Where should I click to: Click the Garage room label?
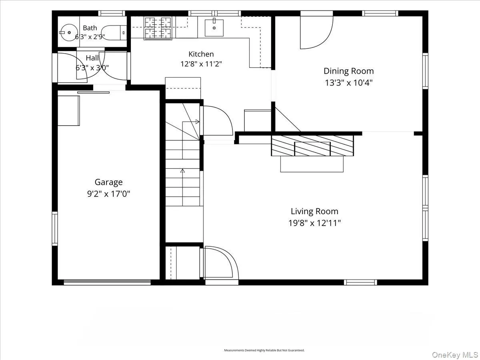coord(108,182)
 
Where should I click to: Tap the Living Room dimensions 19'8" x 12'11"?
coord(314,223)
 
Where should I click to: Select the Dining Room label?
coord(348,71)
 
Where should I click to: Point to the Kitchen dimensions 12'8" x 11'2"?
coord(201,64)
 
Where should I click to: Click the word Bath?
coord(90,28)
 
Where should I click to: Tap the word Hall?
coord(92,58)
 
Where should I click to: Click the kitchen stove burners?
coord(158,28)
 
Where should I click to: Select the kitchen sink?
coord(214,28)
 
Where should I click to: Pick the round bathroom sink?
coord(69,32)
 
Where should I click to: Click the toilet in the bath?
coord(114,32)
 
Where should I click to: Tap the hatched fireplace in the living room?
coord(312,146)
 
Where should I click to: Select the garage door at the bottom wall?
coord(107,282)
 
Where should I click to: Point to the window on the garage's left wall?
coord(55,228)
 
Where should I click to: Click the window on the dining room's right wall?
coord(425,71)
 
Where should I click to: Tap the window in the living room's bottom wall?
coord(361,282)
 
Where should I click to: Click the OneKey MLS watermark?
coord(455,354)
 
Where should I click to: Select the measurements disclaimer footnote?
coord(264,350)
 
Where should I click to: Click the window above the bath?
coord(112,13)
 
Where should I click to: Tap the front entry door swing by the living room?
coord(221,263)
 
